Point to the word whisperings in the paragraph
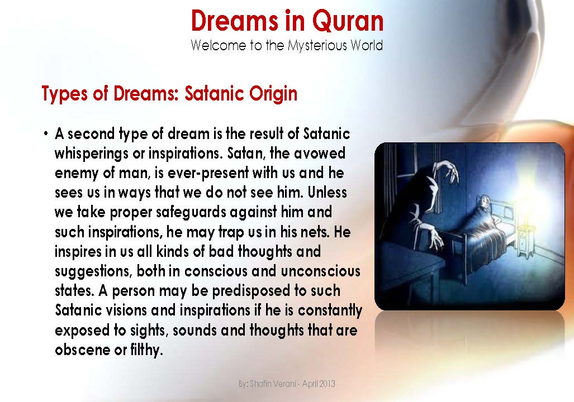pos(89,154)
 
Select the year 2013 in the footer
pos(327,385)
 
